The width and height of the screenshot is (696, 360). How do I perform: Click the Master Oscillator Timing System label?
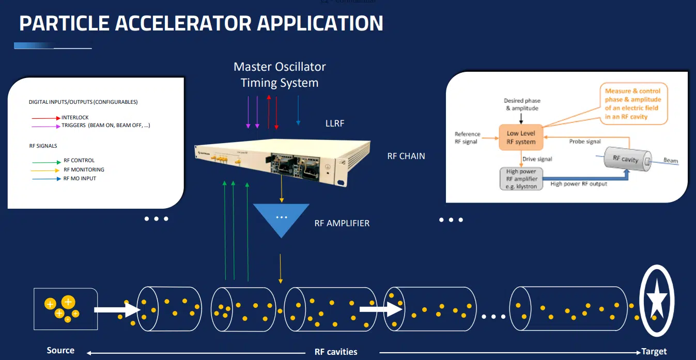point(280,75)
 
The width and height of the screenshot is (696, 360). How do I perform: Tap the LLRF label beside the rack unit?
point(335,123)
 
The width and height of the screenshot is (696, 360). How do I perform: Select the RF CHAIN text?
point(406,156)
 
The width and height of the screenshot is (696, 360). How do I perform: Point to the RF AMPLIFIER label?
point(342,224)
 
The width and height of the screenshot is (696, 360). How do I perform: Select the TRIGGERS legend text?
point(105,126)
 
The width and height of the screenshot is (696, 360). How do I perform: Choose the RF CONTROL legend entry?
point(79,161)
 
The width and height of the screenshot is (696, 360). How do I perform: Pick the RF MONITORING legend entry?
point(84,170)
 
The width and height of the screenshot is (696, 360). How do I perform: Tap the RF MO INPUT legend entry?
point(80,179)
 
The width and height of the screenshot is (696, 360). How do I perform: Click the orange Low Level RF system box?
point(521,137)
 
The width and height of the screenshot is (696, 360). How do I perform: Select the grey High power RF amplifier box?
point(521,179)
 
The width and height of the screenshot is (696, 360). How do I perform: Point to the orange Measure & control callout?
point(633,104)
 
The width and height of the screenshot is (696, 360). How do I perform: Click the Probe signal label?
point(585,142)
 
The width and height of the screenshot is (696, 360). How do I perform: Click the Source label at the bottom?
point(60,351)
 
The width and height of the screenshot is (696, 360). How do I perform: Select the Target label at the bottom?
point(654,352)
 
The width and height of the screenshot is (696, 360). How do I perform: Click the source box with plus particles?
point(65,309)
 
